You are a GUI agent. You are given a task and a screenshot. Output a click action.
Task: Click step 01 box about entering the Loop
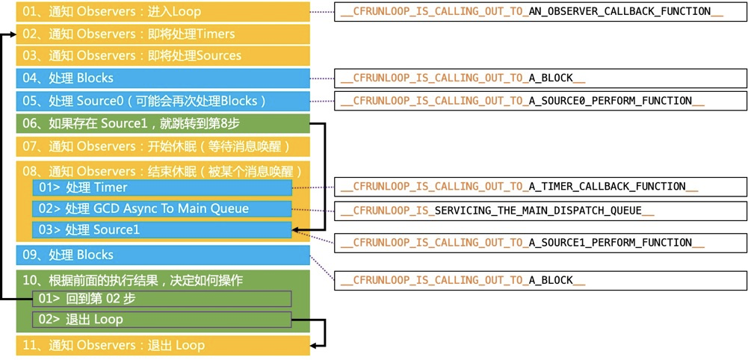point(163,11)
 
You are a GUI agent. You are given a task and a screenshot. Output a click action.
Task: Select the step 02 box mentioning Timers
point(163,34)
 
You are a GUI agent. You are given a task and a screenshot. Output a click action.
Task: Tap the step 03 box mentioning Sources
point(163,56)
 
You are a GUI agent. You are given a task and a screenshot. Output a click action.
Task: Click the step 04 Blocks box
point(163,78)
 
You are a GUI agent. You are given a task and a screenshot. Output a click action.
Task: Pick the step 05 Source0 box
point(163,101)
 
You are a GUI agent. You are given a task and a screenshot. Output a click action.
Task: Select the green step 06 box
point(163,123)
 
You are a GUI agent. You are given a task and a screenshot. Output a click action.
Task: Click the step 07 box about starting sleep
point(163,146)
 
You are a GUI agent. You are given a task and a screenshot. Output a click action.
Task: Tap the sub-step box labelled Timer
point(162,188)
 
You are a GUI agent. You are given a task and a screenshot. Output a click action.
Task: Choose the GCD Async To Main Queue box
point(162,209)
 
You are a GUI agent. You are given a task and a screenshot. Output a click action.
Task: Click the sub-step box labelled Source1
point(162,230)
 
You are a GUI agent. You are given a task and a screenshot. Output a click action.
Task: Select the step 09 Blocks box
point(163,255)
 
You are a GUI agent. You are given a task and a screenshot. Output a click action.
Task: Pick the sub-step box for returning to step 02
point(162,299)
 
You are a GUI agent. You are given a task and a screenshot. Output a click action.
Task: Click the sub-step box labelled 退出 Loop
point(162,320)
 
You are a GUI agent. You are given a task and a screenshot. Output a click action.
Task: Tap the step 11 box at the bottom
point(163,346)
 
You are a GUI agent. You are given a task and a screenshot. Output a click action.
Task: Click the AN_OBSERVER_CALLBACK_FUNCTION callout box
point(540,11)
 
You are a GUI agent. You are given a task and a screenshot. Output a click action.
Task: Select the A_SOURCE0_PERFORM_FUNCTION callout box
point(540,101)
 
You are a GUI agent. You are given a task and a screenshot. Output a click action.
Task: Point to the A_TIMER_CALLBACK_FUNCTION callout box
point(540,187)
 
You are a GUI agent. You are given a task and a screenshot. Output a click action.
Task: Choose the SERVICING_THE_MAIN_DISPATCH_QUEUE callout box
point(540,211)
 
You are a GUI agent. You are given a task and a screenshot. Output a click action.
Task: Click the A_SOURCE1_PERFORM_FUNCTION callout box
point(540,243)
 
